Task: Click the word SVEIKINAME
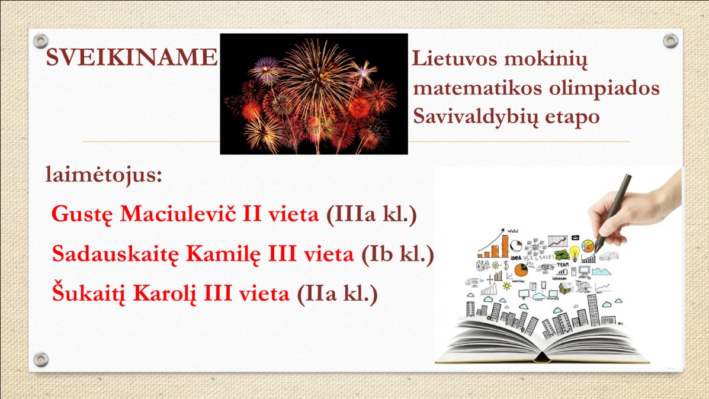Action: click(x=131, y=57)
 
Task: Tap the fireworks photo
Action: click(x=314, y=94)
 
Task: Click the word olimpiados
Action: click(x=605, y=88)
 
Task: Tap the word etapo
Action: click(x=572, y=117)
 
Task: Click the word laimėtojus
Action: click(x=104, y=175)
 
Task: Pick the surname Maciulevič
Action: click(x=178, y=213)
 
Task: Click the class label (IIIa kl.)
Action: click(x=371, y=214)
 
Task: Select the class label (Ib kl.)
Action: click(x=397, y=254)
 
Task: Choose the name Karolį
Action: click(x=165, y=294)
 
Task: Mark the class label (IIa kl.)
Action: click(x=337, y=294)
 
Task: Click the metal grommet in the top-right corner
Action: click(x=670, y=41)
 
